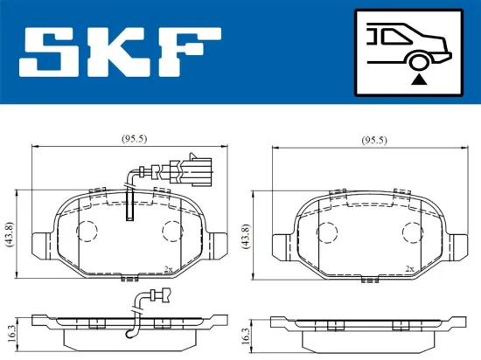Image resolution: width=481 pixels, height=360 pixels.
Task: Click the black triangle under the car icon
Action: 419,80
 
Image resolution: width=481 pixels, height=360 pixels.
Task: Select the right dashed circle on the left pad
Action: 172,231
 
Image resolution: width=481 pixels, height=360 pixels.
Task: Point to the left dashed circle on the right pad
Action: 326,231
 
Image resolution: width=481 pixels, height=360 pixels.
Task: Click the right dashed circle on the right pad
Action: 411,231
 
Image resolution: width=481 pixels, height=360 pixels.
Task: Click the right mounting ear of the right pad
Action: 457,245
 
